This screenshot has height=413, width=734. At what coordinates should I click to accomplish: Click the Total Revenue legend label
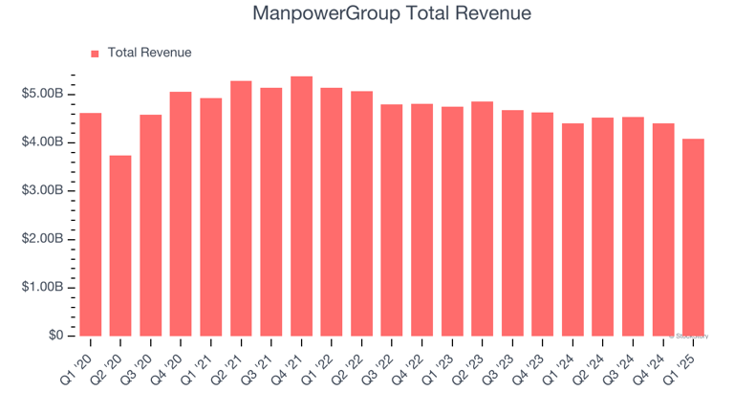click(149, 53)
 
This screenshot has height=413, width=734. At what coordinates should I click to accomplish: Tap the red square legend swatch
click(95, 54)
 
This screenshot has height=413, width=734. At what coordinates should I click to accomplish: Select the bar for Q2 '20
click(120, 246)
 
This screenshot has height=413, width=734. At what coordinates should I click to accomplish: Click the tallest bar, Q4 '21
click(301, 206)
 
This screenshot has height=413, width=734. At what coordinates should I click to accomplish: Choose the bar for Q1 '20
click(91, 225)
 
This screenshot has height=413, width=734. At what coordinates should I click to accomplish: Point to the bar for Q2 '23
click(482, 219)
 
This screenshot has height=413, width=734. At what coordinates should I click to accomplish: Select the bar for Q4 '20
click(181, 214)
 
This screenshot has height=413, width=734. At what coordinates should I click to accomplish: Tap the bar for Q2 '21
click(241, 208)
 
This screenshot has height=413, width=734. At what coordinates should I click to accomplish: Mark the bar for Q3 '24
click(633, 227)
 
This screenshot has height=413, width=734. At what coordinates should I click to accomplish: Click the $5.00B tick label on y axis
click(42, 94)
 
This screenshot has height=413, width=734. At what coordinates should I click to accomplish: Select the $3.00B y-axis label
click(42, 190)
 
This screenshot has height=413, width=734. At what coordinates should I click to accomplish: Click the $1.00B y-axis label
click(42, 287)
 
